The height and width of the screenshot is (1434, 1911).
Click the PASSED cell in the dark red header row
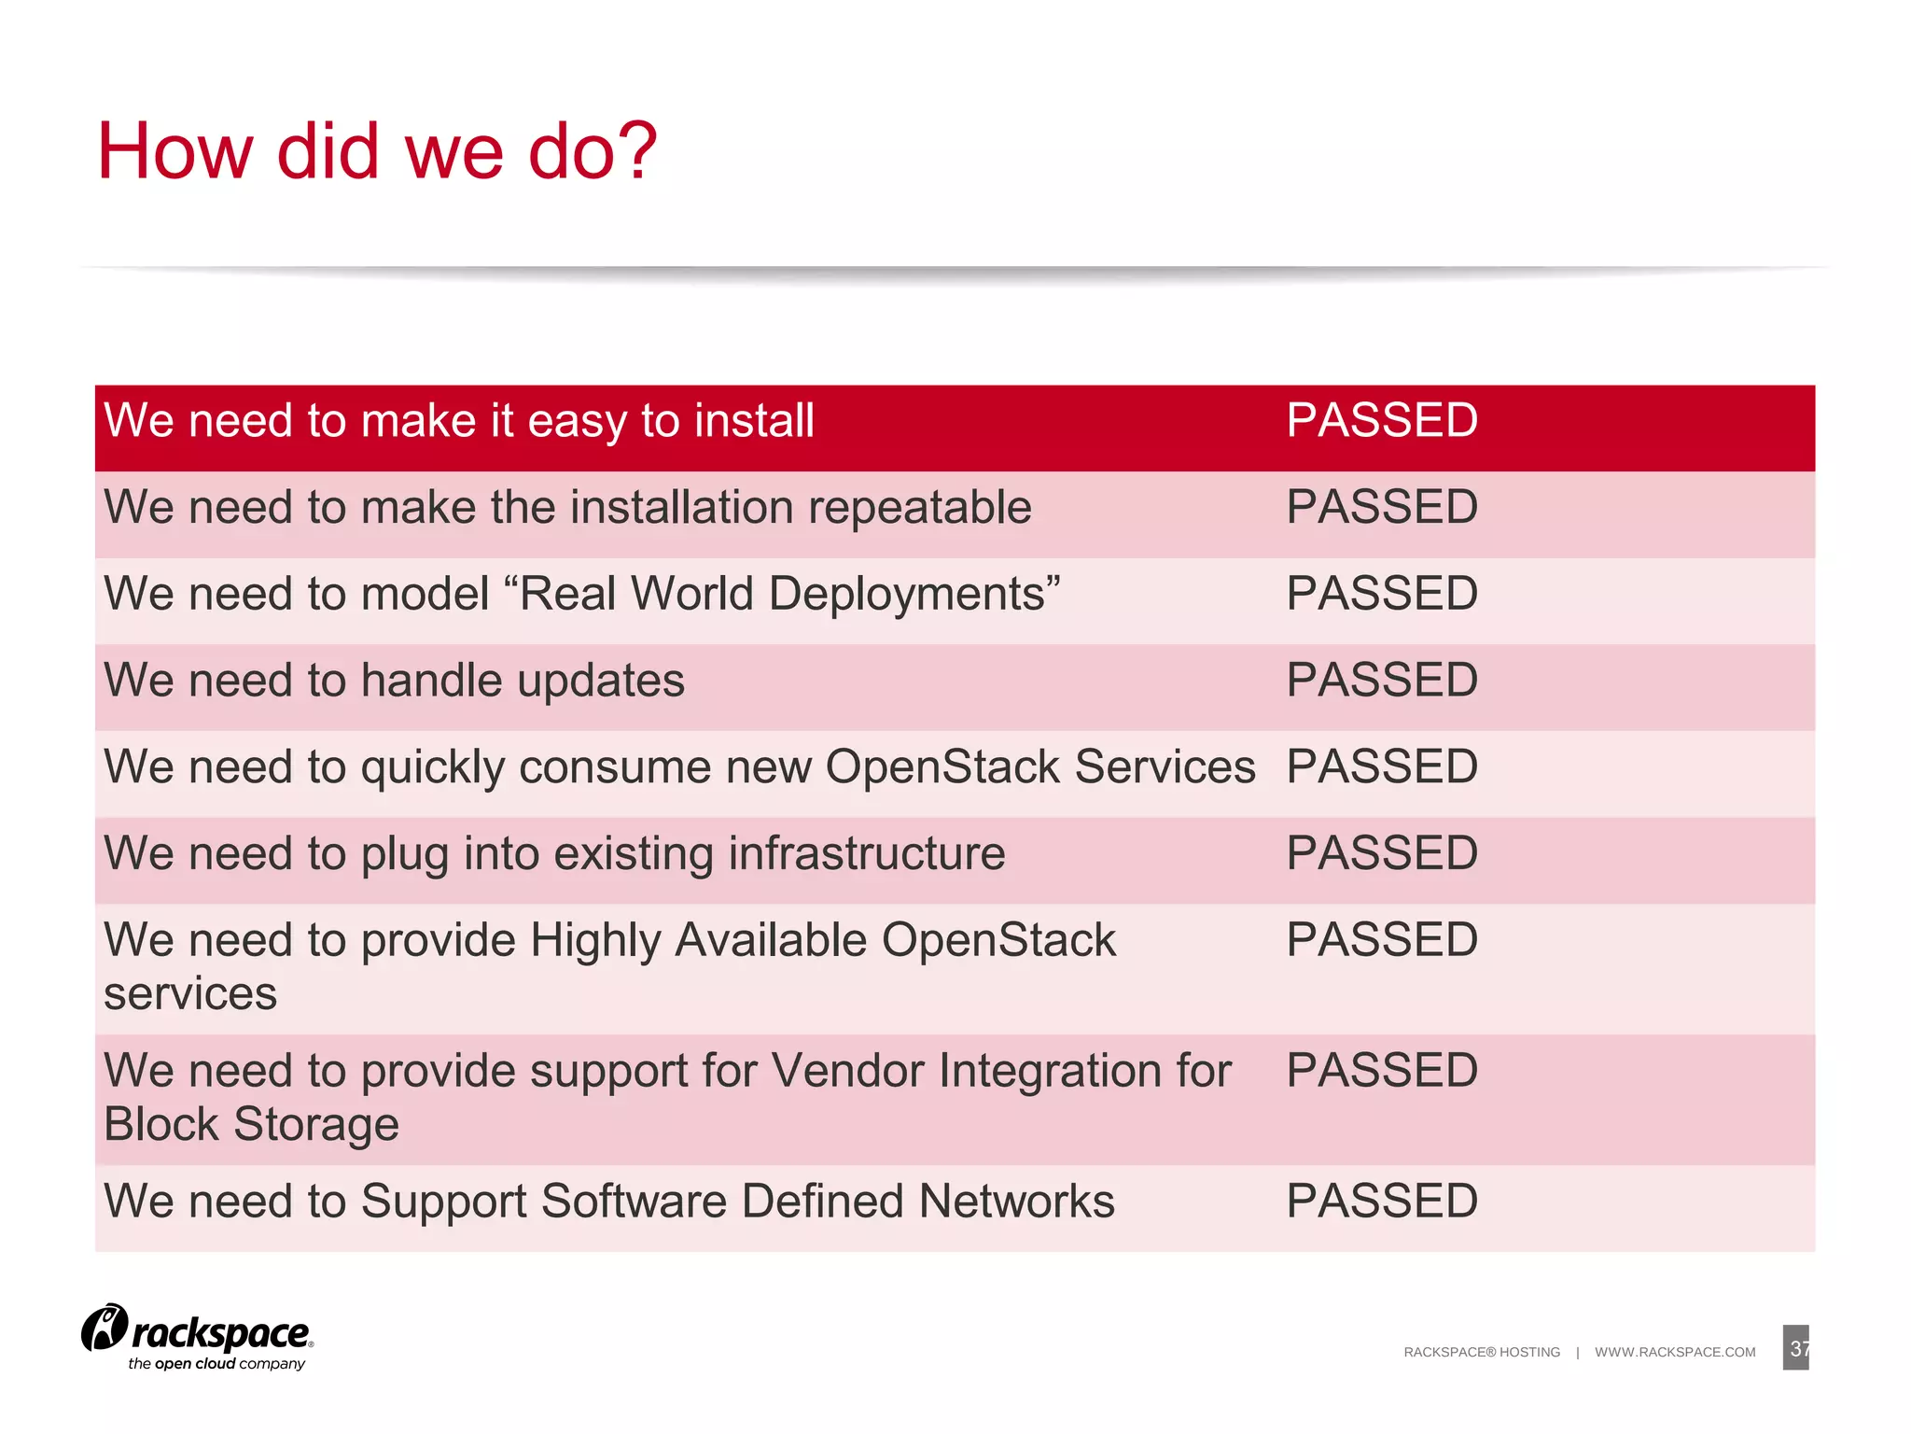click(1381, 420)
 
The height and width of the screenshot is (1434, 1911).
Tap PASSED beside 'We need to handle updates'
click(1381, 680)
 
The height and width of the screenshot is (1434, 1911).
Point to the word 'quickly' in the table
click(433, 768)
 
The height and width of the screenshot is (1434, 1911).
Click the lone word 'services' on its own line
click(190, 993)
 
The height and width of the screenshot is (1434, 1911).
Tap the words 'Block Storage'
click(251, 1124)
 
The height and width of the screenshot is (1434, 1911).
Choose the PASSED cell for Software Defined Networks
click(1381, 1201)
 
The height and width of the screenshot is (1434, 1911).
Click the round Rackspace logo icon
click(105, 1328)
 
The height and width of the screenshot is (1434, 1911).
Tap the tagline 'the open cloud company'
click(216, 1364)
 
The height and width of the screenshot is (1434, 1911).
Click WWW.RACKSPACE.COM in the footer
click(1675, 1352)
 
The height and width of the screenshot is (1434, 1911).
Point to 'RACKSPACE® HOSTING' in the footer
click(1481, 1352)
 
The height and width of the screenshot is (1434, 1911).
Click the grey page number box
click(1795, 1348)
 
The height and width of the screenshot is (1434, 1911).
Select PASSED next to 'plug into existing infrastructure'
click(1381, 853)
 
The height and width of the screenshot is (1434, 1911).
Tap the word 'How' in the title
click(174, 151)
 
